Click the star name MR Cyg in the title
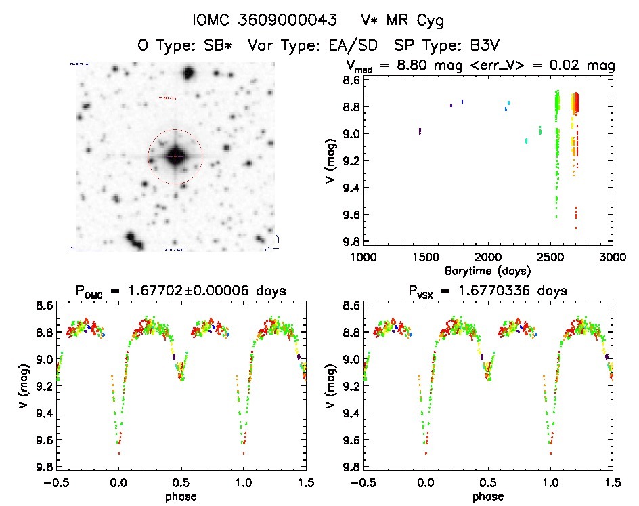coord(420,21)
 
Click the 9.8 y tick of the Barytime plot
coord(350,242)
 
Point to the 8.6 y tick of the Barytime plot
coord(350,80)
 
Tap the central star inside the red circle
coord(175,156)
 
